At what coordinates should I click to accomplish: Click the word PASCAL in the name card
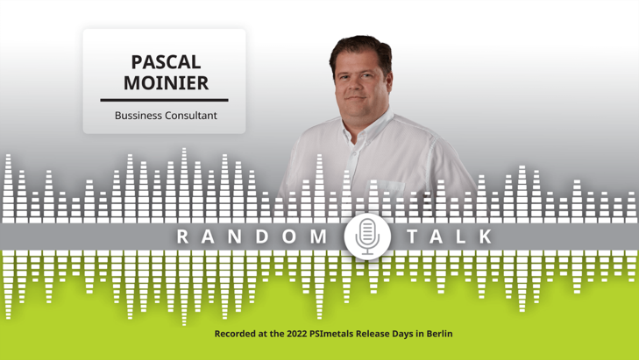[166, 62]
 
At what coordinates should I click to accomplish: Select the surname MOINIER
[166, 82]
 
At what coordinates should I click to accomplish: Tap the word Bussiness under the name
[138, 116]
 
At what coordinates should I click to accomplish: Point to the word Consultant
[191, 116]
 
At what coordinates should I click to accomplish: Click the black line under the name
[164, 100]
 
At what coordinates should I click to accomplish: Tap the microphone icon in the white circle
[367, 236]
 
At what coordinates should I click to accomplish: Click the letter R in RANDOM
[182, 236]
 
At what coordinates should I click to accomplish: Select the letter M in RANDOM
[319, 236]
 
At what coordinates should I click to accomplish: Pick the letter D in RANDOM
[261, 236]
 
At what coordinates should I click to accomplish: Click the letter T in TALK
[413, 236]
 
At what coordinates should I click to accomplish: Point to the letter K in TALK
[486, 236]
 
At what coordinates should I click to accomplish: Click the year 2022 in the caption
[296, 334]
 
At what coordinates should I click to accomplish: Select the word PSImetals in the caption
[331, 334]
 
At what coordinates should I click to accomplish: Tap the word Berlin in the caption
[439, 334]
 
